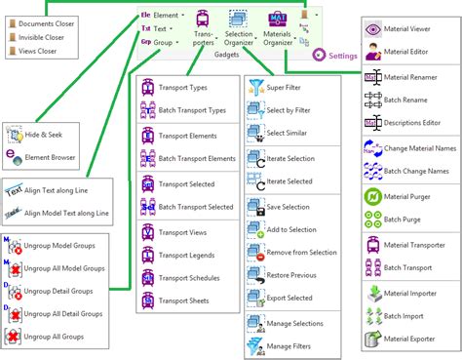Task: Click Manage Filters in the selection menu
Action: point(293,344)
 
